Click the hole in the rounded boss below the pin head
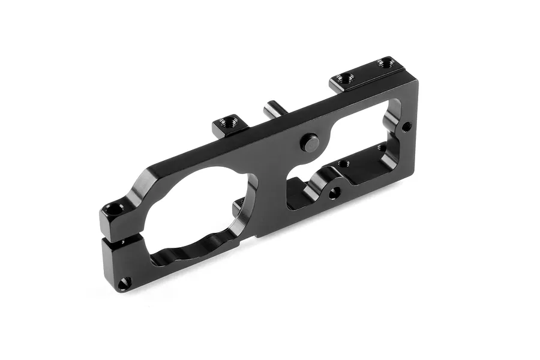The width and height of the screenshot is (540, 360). [x=334, y=193]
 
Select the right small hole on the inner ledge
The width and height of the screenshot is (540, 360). [x=380, y=148]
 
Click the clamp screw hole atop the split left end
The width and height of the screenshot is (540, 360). [x=114, y=209]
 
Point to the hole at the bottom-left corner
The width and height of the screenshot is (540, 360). [x=124, y=281]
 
